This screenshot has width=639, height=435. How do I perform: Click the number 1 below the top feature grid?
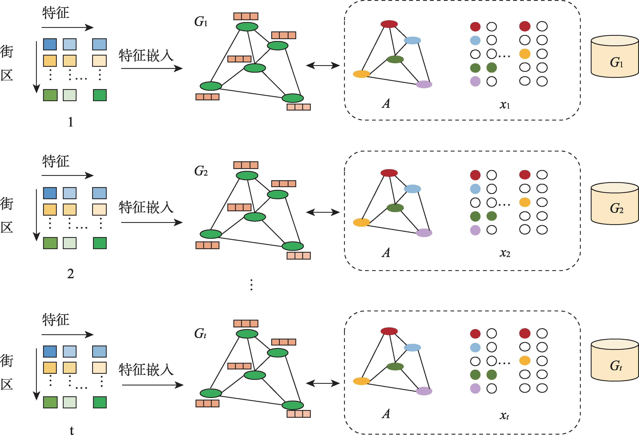tap(71, 122)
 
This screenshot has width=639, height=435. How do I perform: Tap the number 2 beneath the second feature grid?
tap(71, 273)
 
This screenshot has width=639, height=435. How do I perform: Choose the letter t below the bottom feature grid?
tap(72, 430)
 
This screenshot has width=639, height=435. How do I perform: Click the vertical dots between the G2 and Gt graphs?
tap(251, 285)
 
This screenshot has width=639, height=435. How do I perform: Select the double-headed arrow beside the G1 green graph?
tap(323, 66)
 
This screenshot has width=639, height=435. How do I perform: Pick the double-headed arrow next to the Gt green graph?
tap(323, 383)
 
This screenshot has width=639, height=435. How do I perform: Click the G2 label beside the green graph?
tap(201, 171)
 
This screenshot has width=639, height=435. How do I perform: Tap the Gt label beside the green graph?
tap(200, 333)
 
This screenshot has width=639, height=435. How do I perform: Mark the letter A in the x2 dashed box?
tap(386, 253)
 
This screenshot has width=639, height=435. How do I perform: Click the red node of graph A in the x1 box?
tap(389, 24)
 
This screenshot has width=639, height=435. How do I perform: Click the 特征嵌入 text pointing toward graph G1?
tap(146, 56)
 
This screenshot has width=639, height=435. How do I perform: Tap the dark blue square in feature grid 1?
tap(50, 44)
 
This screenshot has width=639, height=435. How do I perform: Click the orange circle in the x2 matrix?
tap(525, 202)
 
